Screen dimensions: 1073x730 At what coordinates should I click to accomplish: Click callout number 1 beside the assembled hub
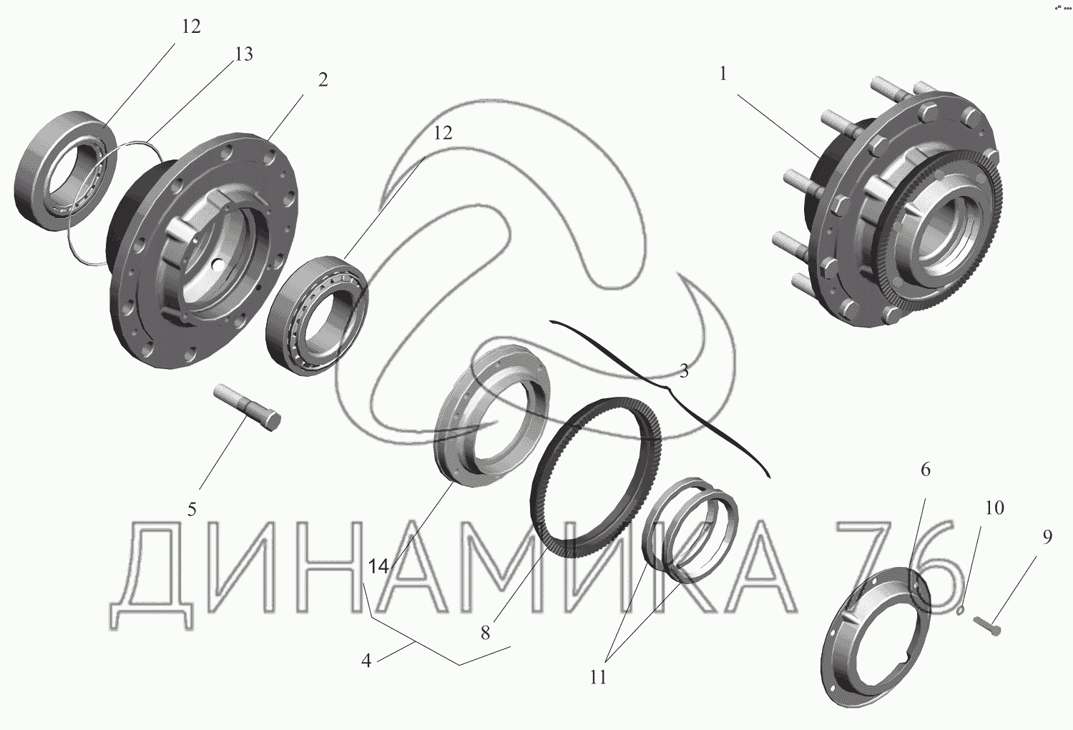pyautogui.click(x=722, y=74)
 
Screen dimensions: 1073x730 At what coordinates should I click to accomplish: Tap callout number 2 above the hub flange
pyautogui.click(x=323, y=80)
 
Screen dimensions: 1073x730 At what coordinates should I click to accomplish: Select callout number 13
pyautogui.click(x=243, y=54)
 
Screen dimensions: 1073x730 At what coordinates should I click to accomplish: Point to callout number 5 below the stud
pyautogui.click(x=192, y=509)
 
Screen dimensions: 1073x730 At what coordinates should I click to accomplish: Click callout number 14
pyautogui.click(x=378, y=567)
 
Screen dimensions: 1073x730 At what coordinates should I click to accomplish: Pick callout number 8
pyautogui.click(x=486, y=633)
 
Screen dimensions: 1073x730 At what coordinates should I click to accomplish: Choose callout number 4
pyautogui.click(x=366, y=661)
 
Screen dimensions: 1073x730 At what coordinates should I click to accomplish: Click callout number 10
pyautogui.click(x=994, y=508)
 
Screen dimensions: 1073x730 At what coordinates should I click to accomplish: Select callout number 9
pyautogui.click(x=1048, y=537)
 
